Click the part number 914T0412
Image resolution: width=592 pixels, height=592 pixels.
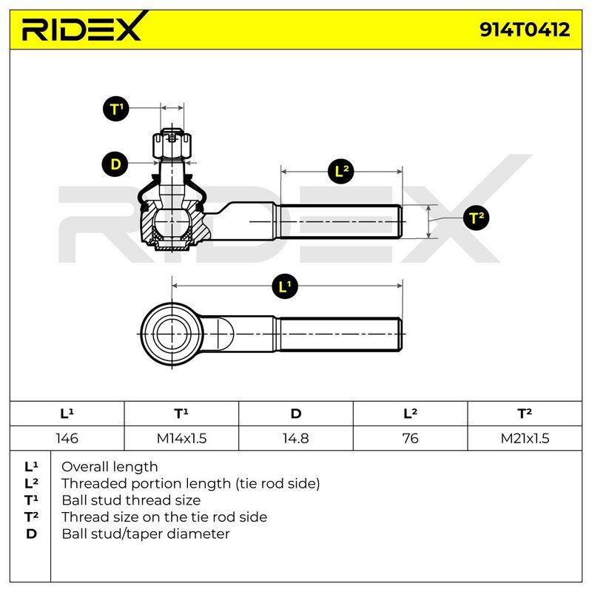(x=525, y=30)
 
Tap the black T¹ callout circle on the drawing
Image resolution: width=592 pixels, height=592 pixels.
(x=116, y=109)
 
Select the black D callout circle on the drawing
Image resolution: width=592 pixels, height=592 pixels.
(x=115, y=164)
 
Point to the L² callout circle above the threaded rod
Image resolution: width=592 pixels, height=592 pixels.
(x=341, y=172)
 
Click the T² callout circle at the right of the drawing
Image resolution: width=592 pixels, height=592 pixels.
(x=476, y=218)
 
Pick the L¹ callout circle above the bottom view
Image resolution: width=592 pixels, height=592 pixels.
(x=285, y=286)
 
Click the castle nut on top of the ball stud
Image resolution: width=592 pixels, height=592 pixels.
(x=172, y=144)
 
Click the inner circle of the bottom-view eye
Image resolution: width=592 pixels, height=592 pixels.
(x=172, y=334)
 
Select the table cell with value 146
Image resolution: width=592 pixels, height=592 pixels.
(x=67, y=438)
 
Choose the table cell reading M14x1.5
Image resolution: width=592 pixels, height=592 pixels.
(x=181, y=438)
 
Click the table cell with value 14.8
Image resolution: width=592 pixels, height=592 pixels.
(x=296, y=438)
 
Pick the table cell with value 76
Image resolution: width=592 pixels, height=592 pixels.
(x=411, y=438)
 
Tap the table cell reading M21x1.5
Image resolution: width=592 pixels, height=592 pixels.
(x=525, y=438)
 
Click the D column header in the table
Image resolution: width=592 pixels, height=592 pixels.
(x=296, y=414)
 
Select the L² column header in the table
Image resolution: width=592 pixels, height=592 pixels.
(x=411, y=414)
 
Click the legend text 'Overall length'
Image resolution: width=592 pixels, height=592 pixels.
(x=110, y=467)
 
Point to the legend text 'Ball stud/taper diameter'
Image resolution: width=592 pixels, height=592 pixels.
(x=146, y=534)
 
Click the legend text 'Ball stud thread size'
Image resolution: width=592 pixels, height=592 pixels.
(x=131, y=500)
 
